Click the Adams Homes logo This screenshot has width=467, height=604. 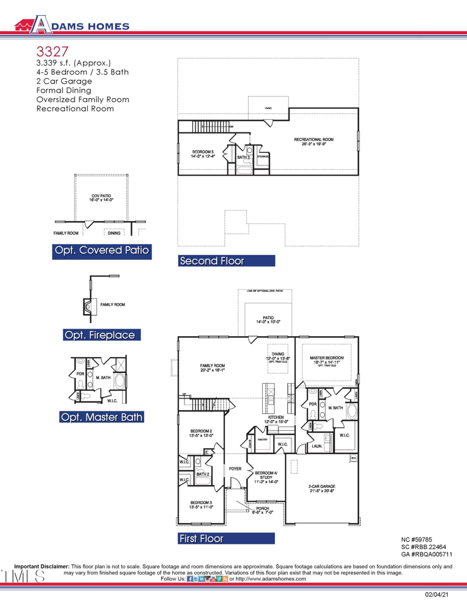tap(72, 25)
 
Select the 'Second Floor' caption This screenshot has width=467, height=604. tap(211, 261)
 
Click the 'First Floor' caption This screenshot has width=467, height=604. tap(201, 538)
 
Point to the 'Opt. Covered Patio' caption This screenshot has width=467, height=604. tap(102, 251)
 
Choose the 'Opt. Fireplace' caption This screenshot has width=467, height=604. tap(102, 335)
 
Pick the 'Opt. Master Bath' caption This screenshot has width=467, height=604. tap(102, 417)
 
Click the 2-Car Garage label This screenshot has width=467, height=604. tap(322, 488)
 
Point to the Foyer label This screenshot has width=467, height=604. tap(235, 469)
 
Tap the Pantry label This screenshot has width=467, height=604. tap(262, 439)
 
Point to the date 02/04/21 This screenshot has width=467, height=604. tap(437, 595)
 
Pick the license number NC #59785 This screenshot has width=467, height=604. tap(417, 540)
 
